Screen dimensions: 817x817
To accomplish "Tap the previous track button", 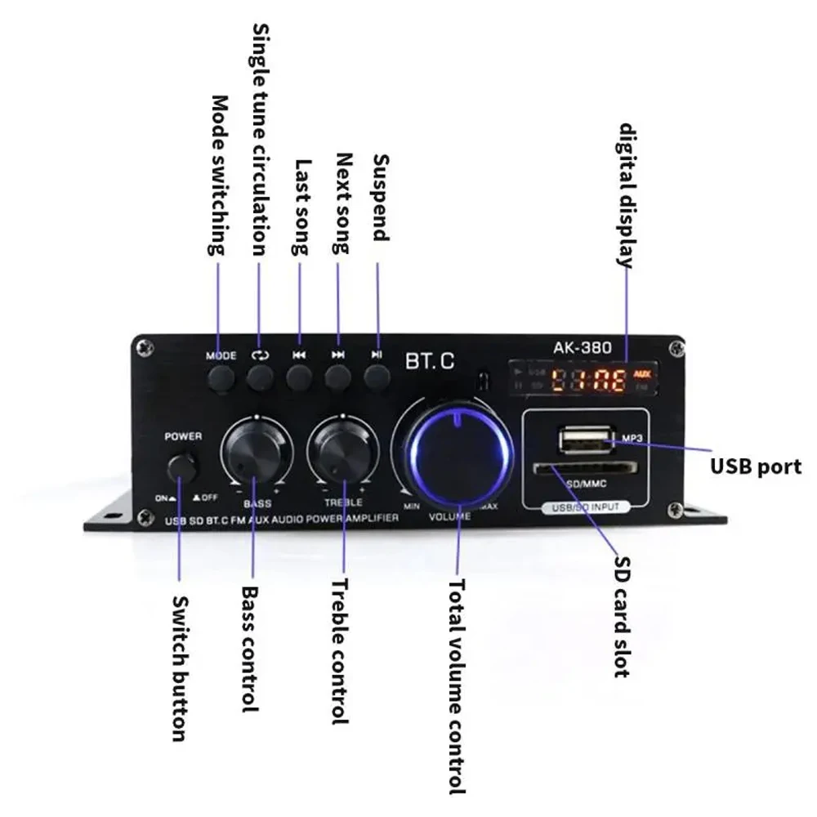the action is pos(299,377).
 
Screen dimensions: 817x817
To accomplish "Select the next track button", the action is pos(337,377).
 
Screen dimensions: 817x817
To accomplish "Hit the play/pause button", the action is pos(376,377).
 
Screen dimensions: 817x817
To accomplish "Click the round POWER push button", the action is pos(184,468).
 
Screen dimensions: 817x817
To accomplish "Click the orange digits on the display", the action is pos(587,379).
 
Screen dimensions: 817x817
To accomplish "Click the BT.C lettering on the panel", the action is pos(430,360).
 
